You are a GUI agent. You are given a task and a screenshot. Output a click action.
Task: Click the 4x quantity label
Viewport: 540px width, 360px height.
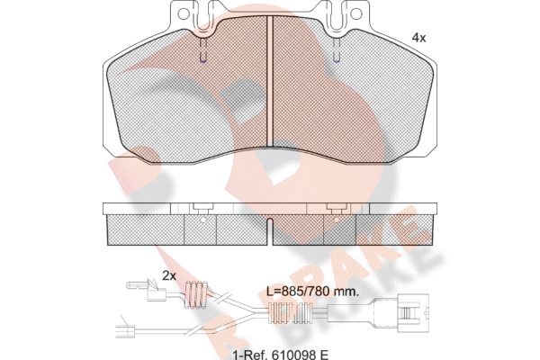418,38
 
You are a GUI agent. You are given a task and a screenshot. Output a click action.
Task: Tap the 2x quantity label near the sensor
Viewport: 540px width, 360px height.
169,275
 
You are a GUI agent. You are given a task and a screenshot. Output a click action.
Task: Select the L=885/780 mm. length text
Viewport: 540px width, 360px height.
312,292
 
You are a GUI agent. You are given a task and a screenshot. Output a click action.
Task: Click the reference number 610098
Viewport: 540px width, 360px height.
291,355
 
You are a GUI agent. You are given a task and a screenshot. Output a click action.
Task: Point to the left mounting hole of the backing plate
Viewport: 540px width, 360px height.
184,14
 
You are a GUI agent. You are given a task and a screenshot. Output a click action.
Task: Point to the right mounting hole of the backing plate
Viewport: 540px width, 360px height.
355,14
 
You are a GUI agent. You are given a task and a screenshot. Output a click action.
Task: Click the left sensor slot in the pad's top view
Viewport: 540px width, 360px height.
203,50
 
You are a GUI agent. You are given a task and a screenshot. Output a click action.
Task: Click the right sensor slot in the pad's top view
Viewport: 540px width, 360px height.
337,50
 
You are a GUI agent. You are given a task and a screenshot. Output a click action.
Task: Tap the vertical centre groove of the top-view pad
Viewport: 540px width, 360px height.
270,82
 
